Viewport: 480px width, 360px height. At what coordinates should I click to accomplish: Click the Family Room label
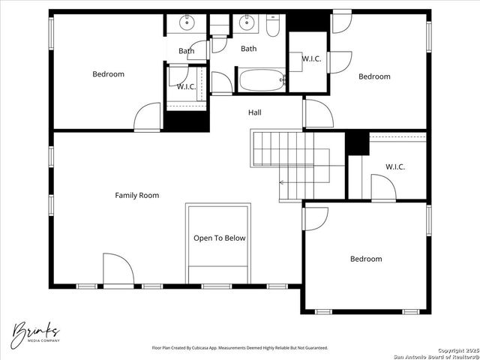[136, 196]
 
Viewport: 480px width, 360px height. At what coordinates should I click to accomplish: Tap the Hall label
[255, 112]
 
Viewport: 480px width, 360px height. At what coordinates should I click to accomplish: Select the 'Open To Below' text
[219, 238]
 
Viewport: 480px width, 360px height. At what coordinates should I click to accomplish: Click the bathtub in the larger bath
[261, 79]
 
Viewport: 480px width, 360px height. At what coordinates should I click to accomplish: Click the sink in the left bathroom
[187, 24]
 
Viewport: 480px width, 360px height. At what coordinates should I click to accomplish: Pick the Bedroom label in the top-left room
[108, 74]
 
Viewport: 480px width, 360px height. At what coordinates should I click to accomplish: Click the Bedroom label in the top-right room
[373, 76]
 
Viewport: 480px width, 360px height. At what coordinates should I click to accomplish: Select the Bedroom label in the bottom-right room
[366, 259]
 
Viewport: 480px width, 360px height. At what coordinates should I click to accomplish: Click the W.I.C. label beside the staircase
[395, 167]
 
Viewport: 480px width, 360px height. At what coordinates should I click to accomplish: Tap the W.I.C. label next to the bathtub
[312, 59]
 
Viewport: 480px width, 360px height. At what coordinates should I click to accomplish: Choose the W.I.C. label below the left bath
[186, 87]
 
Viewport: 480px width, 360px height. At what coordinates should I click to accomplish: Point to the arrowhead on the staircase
[282, 182]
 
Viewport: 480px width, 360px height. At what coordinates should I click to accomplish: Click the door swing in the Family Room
[118, 268]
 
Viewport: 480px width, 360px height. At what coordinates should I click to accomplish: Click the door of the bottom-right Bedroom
[315, 217]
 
